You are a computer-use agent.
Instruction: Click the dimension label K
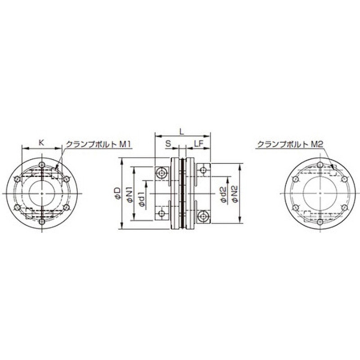pyautogui.click(x=41, y=143)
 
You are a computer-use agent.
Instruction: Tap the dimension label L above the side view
pyautogui.click(x=182, y=131)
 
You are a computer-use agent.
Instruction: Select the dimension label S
pyautogui.click(x=168, y=144)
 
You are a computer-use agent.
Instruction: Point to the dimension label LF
pyautogui.click(x=198, y=144)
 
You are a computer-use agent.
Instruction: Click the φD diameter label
pyautogui.click(x=117, y=193)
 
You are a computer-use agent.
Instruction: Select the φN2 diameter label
pyautogui.click(x=235, y=194)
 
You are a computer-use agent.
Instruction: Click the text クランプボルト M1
pyautogui.click(x=98, y=144)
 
